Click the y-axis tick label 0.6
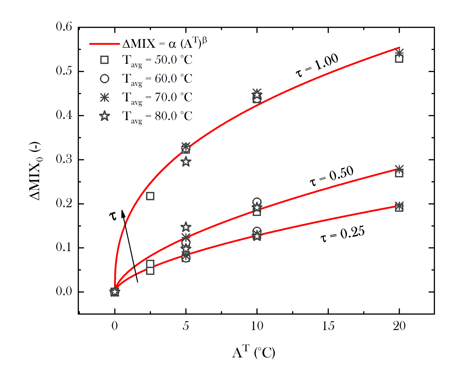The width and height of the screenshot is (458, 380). coord(64,27)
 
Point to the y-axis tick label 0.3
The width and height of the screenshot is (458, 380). coord(64,159)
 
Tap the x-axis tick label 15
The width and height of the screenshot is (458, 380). coord(328,326)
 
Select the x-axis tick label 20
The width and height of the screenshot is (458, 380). coord(399,326)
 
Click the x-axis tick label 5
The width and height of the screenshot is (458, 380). coord(186,326)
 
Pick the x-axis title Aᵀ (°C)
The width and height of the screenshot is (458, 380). coord(253,352)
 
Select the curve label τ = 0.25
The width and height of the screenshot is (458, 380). coord(343,234)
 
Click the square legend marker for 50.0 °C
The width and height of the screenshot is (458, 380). coord(104,60)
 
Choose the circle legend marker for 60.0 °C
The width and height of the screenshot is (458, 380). coord(104,79)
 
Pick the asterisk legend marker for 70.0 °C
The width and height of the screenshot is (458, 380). coord(104,97)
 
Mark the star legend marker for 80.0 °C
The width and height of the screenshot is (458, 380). coord(104,116)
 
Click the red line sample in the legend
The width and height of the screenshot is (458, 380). coord(104,44)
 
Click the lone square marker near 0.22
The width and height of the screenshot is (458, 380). coord(150,196)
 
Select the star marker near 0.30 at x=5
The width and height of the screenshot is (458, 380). coord(186,162)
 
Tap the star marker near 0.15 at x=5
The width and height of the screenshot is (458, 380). coord(186,227)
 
